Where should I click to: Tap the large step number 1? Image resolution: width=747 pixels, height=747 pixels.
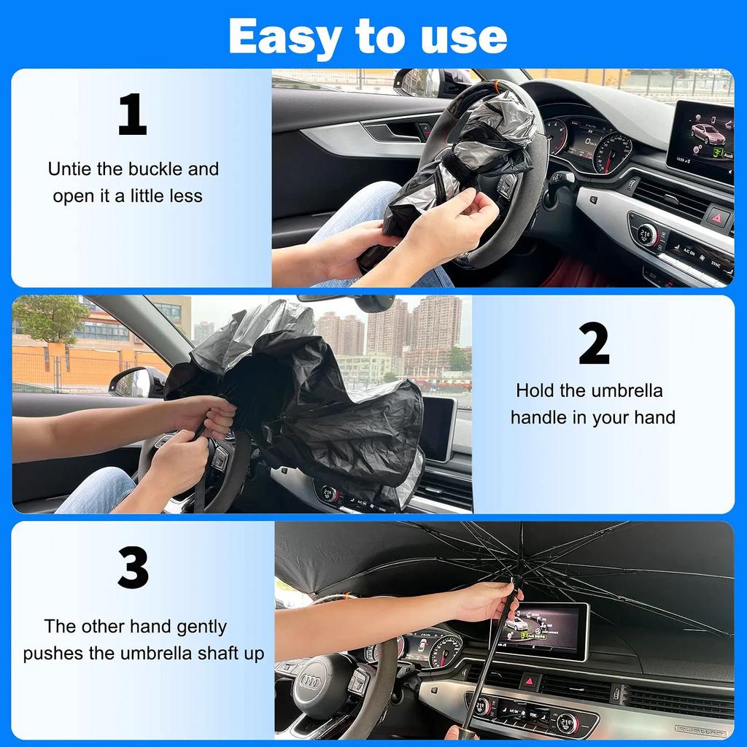pos(132,115)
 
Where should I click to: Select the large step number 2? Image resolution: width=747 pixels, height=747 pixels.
pos(594,344)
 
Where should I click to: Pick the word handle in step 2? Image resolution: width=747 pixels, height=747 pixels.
pos(543,417)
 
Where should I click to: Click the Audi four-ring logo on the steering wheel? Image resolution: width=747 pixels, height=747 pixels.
pos(309,683)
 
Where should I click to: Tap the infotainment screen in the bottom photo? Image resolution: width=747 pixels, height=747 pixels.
pos(540,630)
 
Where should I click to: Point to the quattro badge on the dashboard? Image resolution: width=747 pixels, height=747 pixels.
pos(700,730)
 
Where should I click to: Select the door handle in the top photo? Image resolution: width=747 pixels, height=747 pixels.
pos(395,132)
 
